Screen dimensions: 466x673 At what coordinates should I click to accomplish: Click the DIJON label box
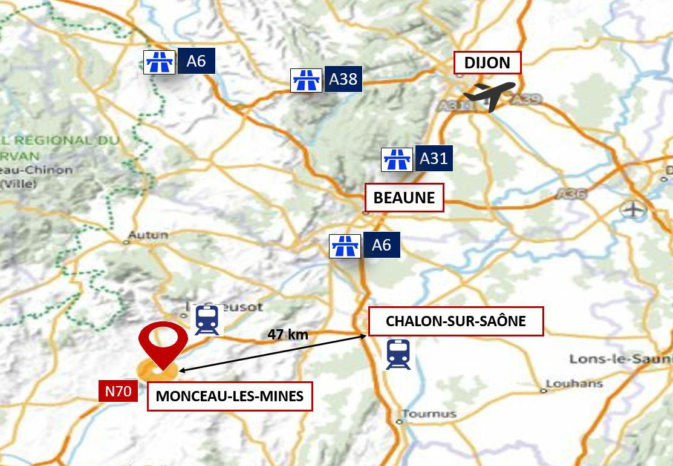[x=487, y=63]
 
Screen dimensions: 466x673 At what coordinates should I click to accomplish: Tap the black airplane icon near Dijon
[x=489, y=96]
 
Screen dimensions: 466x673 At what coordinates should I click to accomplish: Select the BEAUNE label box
[x=404, y=198]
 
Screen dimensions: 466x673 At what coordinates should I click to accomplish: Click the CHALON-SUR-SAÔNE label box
[x=455, y=321]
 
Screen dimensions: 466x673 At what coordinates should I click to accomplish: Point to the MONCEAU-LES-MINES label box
[x=230, y=396]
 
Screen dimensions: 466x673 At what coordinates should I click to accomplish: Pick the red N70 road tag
[x=118, y=391]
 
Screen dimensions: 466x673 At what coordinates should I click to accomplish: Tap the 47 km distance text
[x=288, y=334]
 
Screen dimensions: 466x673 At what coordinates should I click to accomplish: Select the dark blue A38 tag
[x=343, y=79]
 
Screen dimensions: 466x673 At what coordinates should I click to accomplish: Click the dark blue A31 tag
[x=434, y=159]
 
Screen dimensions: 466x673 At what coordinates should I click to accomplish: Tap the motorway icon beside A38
[x=306, y=80]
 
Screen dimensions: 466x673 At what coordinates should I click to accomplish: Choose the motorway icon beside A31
[x=397, y=160]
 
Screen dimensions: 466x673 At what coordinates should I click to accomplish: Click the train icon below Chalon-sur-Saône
[x=398, y=354]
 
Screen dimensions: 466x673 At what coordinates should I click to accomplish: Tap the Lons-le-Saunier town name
[x=620, y=359]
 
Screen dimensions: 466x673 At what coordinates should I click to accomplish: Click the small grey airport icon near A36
[x=633, y=210]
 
